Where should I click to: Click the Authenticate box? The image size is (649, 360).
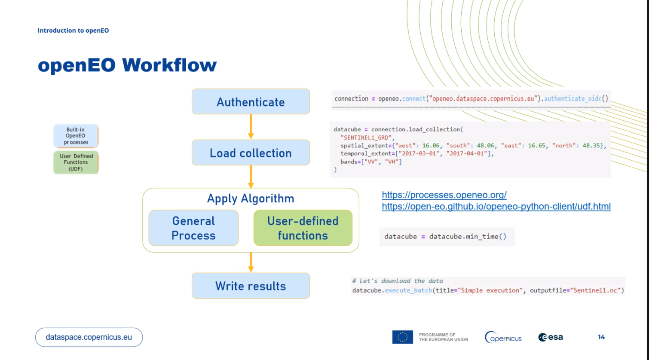(251, 102)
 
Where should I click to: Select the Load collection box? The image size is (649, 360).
(251, 153)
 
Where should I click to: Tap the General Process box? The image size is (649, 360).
(193, 228)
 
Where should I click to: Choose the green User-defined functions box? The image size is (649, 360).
(303, 228)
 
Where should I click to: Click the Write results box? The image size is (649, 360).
(251, 286)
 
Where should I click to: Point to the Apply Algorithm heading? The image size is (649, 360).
(251, 198)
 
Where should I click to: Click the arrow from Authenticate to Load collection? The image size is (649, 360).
(251, 127)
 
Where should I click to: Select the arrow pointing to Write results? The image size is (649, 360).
(251, 262)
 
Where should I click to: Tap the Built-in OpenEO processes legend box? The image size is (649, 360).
(76, 136)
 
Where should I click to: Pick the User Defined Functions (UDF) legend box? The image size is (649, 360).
(76, 162)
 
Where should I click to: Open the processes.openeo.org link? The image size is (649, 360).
(444, 195)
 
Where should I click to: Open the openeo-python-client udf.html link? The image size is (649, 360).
(496, 207)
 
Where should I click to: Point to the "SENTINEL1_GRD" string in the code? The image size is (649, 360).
(366, 137)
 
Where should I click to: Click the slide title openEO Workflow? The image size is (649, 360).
(127, 65)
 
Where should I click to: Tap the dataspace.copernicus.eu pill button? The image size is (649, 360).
(89, 337)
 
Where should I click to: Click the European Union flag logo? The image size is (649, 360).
(402, 337)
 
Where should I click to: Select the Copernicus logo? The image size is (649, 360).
(503, 338)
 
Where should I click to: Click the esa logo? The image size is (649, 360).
(551, 337)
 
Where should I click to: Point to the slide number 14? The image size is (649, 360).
(601, 337)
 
